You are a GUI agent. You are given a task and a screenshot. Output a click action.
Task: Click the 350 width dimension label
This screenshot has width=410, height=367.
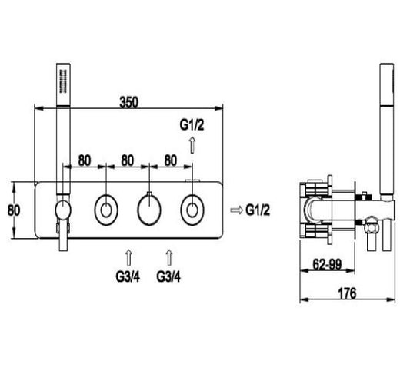128,102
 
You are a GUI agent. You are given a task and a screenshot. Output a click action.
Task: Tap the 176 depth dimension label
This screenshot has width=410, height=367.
348,293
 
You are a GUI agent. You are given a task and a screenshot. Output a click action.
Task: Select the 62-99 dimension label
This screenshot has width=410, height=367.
328,265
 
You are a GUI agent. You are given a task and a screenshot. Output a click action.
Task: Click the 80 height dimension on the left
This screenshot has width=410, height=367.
14,210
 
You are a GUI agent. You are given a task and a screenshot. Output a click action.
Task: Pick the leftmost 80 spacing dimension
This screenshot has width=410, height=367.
85,160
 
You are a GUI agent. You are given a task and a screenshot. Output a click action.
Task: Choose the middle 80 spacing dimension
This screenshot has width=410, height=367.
128,160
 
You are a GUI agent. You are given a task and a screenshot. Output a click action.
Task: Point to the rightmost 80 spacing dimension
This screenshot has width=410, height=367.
171,160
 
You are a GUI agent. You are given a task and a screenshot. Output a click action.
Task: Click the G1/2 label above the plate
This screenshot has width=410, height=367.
192,125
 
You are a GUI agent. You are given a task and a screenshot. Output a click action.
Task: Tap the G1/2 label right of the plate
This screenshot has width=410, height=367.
258,210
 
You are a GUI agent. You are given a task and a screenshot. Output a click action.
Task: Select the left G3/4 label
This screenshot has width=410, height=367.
128,276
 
